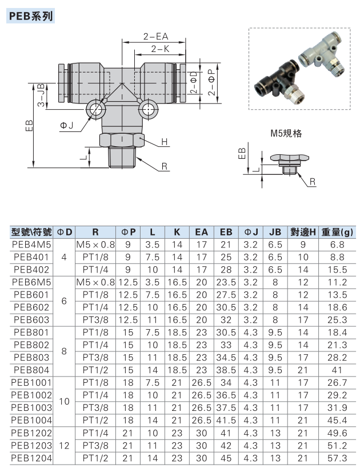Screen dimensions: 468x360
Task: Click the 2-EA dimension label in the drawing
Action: pos(155,37)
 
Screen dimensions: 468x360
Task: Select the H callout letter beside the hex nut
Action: pos(165,142)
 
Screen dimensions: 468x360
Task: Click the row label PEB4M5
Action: pos(31,245)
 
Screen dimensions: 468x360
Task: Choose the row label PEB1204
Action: pos(31,458)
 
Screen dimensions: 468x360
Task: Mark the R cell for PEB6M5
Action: pos(95,282)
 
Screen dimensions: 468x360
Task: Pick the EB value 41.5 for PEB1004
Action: pos(226,420)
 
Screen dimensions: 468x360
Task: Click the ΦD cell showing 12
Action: pos(64,445)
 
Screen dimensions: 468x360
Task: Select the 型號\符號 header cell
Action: pos(31,232)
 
